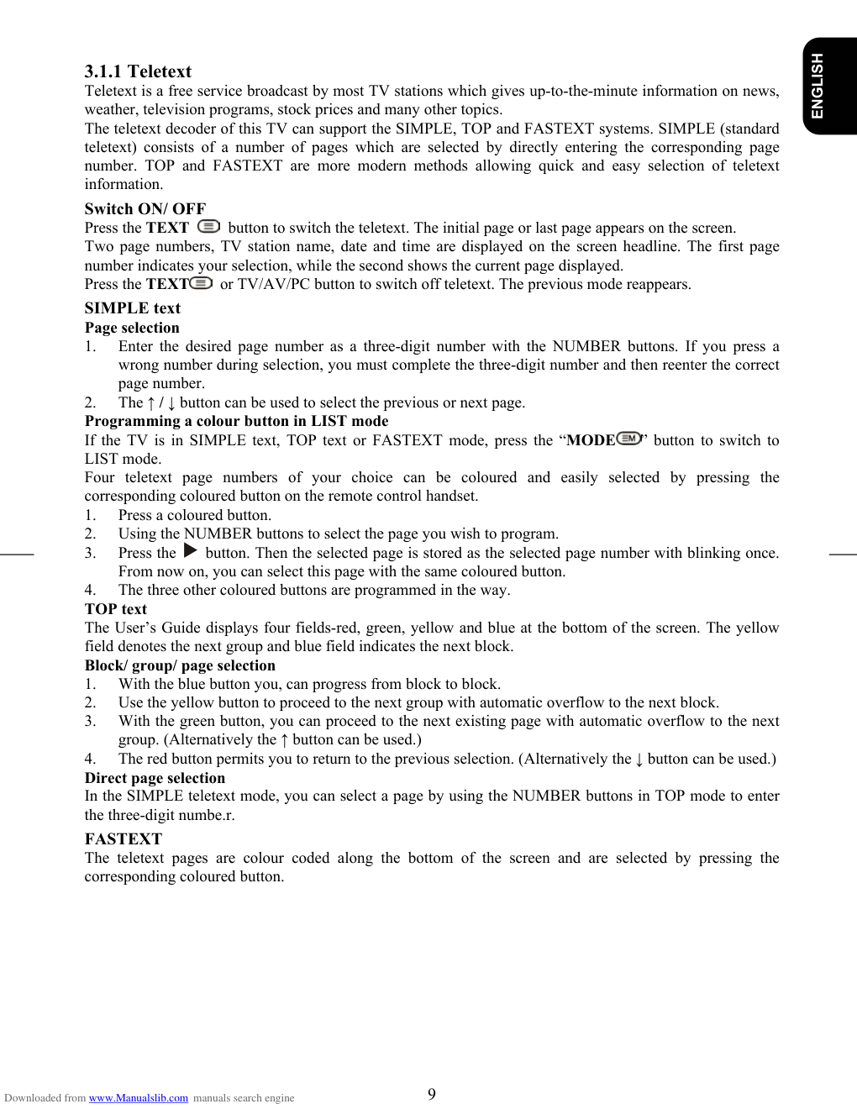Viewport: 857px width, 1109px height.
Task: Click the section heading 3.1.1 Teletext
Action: (x=138, y=71)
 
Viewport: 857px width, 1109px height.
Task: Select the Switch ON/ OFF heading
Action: (x=145, y=208)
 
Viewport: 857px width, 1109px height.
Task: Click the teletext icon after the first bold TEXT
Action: (x=208, y=227)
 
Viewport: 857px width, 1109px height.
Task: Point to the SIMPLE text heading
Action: (x=132, y=307)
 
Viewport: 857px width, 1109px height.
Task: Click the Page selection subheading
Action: (x=132, y=328)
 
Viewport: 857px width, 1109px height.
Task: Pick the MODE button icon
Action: (x=629, y=438)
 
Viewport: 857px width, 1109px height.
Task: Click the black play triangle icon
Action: (x=191, y=551)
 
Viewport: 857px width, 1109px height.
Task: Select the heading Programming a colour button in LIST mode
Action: (x=236, y=421)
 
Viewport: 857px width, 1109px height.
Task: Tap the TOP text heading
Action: (x=115, y=609)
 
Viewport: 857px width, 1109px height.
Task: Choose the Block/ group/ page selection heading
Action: (x=180, y=665)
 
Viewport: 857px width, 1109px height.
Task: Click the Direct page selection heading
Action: (x=155, y=778)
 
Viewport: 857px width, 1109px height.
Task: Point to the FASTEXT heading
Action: (x=123, y=838)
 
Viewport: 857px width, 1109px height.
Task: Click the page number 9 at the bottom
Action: (x=432, y=1094)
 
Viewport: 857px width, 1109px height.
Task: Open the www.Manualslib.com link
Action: (x=139, y=1098)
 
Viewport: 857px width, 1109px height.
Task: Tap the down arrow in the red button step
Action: (x=639, y=759)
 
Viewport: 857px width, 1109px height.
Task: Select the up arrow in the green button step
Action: (x=284, y=740)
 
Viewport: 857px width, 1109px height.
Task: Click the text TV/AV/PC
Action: (x=274, y=284)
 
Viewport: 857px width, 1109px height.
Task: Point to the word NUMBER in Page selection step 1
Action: (x=586, y=346)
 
